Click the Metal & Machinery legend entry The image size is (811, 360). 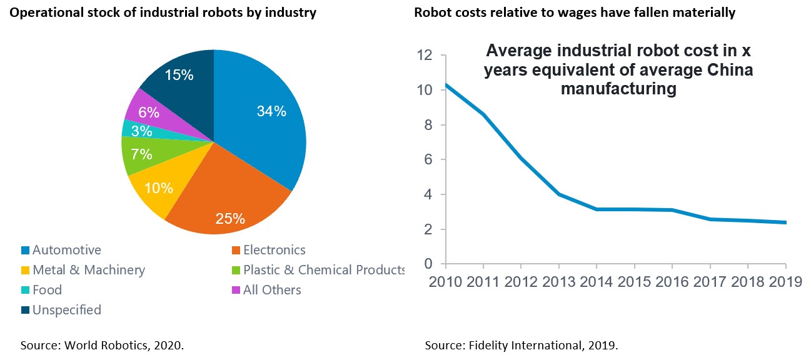88,270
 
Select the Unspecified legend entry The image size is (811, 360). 66,310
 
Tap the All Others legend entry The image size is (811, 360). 272,290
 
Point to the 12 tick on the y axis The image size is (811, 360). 425,55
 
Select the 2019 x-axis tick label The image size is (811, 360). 784,281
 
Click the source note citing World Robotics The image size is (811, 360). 102,345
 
